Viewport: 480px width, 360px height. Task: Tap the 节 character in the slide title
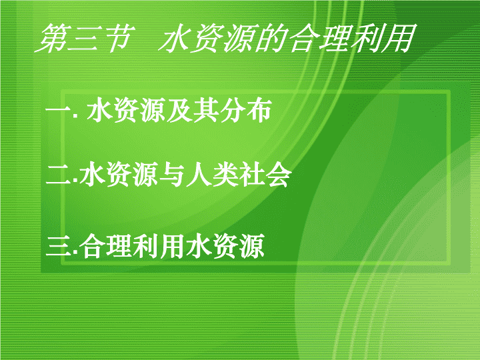click(118, 38)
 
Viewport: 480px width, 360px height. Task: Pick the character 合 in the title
click(302, 38)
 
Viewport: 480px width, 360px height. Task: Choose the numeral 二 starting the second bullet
click(59, 175)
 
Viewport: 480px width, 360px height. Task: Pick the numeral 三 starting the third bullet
click(59, 247)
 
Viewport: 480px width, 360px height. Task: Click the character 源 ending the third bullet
click(252, 246)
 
